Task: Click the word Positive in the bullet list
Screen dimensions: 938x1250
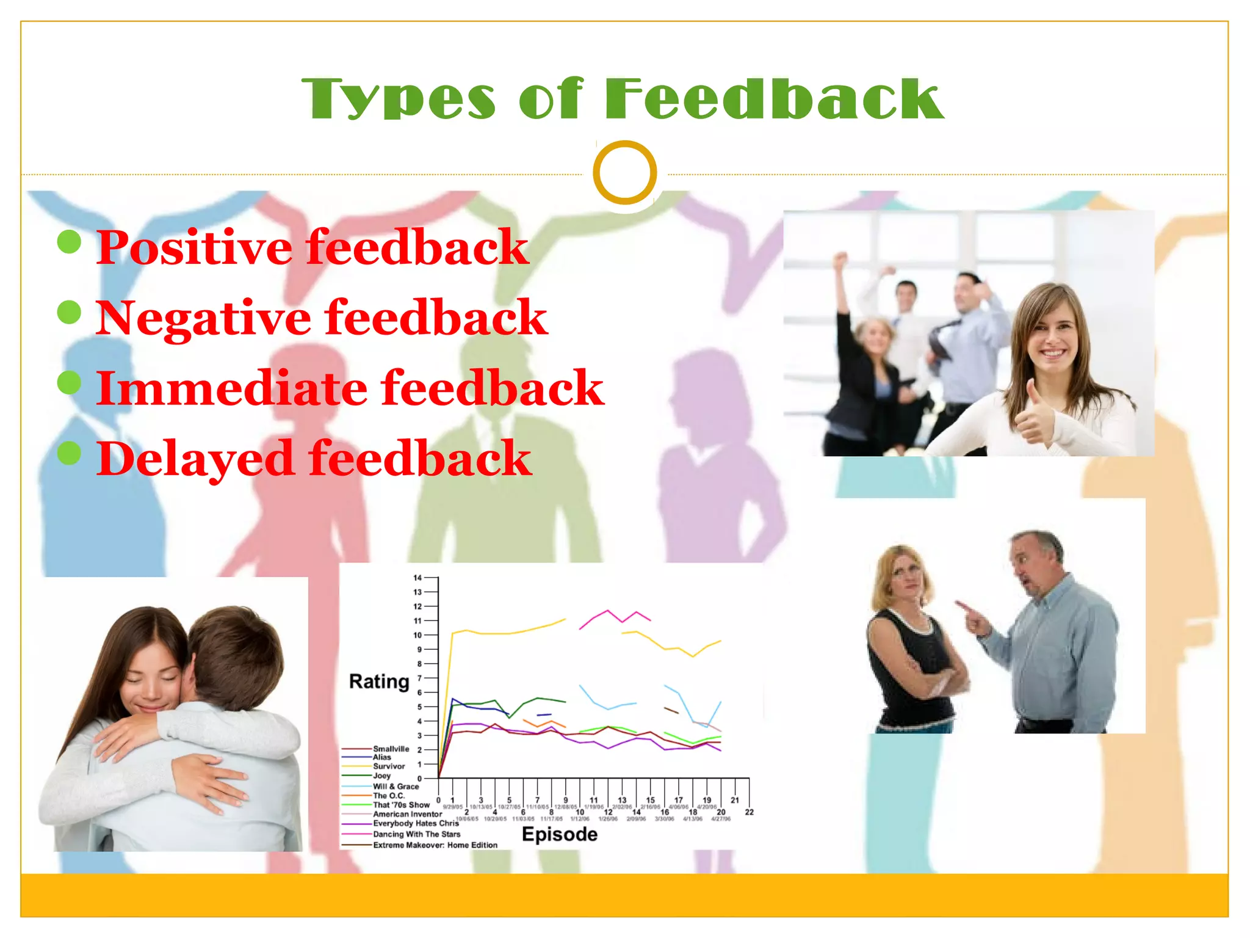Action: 194,247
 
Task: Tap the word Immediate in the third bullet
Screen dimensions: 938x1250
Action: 232,388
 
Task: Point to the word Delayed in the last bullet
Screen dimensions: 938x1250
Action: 195,459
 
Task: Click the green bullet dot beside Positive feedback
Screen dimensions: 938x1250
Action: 70,242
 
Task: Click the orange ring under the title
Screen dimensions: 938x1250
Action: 624,172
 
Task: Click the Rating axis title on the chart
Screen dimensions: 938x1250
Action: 379,682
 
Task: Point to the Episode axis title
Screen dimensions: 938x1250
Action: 559,834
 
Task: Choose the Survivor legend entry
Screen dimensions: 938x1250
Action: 389,766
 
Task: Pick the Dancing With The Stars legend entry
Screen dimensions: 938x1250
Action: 416,834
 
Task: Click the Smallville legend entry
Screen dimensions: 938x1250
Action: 391,749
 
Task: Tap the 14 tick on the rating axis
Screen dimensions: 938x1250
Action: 417,578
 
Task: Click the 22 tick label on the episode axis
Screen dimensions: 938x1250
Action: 749,812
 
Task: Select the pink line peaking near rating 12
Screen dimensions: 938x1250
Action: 608,611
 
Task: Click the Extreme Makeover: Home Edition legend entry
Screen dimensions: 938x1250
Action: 435,845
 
